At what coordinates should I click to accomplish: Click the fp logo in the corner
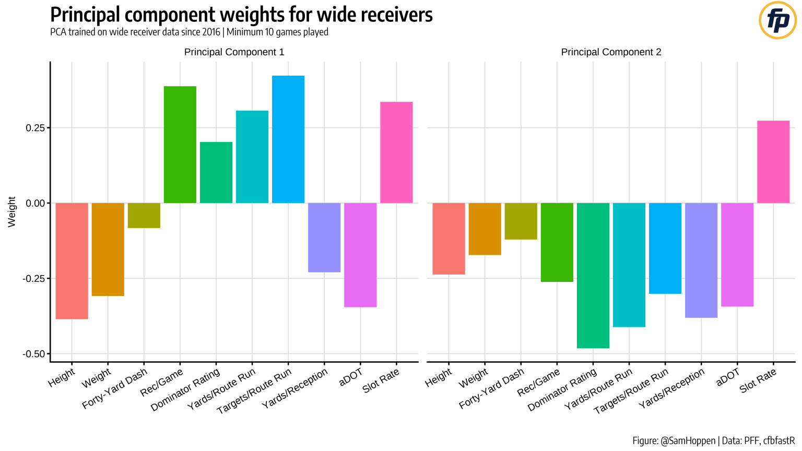click(777, 20)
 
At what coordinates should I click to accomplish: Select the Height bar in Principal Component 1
click(72, 260)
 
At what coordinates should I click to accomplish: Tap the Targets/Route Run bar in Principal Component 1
click(288, 139)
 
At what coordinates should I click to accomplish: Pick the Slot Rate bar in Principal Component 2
click(773, 162)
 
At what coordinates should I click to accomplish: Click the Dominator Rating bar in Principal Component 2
click(593, 275)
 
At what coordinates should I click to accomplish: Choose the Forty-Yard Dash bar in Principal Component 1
click(144, 215)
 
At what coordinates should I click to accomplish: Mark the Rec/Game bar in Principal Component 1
click(180, 145)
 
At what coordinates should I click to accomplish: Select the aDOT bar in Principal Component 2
click(737, 254)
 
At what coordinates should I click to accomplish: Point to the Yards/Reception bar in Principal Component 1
click(324, 237)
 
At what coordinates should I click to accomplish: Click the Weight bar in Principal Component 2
click(485, 229)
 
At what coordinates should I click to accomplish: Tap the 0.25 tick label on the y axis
click(36, 128)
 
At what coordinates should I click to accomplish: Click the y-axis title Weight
click(12, 212)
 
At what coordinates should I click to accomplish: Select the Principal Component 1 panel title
click(234, 52)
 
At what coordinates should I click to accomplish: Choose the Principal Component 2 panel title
click(611, 52)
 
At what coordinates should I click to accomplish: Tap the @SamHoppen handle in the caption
click(688, 441)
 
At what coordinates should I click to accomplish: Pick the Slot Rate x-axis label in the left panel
click(381, 380)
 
